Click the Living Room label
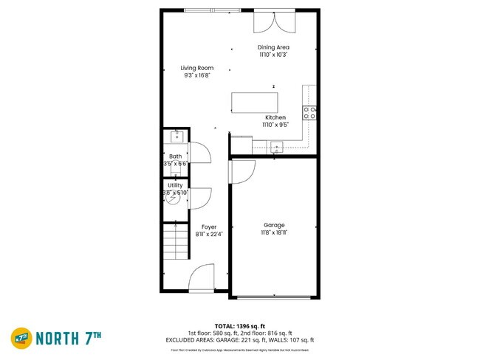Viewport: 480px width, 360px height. (x=197, y=68)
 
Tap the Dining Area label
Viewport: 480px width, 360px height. (x=274, y=47)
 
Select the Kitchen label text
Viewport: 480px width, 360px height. (x=275, y=117)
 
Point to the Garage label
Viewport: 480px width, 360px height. (x=274, y=225)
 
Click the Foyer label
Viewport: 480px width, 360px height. (x=209, y=227)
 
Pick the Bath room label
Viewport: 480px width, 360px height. (x=176, y=156)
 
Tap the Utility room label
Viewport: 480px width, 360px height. (x=175, y=185)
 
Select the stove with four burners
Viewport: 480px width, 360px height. (x=310, y=113)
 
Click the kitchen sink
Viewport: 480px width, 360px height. (x=277, y=146)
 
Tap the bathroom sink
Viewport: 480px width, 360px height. (x=177, y=136)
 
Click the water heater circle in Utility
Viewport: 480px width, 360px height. (x=173, y=198)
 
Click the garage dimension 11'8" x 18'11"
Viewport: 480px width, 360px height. (x=274, y=233)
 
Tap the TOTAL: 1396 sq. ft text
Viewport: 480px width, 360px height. (x=239, y=326)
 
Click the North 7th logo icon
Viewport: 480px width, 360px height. (x=20, y=337)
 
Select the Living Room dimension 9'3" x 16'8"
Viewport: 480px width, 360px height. (x=197, y=75)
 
